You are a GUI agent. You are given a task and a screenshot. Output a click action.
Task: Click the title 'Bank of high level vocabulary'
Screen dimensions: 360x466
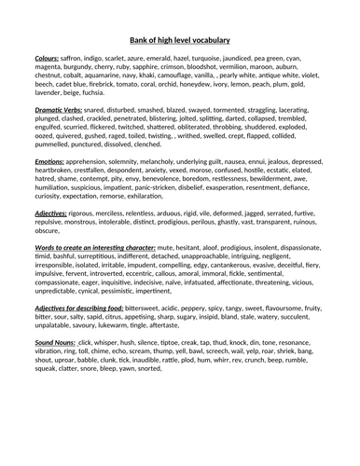pyautogui.click(x=179, y=40)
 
